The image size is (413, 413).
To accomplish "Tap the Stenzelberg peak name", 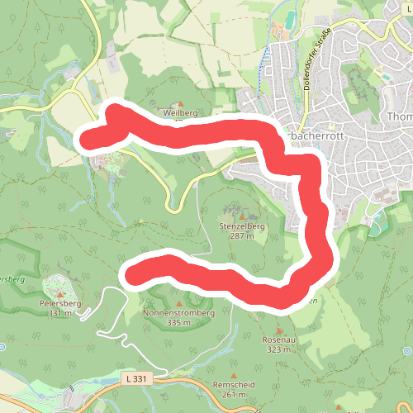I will point(241,225).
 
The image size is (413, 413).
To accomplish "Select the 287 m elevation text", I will point(241,235).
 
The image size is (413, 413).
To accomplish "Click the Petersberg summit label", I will point(60,303).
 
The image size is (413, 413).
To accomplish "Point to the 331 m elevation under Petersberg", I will point(60,313).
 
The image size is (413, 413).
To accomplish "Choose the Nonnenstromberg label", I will point(178,313).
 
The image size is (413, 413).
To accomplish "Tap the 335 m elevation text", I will point(178,323).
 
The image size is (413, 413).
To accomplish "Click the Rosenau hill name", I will point(278,339).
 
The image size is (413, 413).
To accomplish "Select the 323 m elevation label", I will point(278,349).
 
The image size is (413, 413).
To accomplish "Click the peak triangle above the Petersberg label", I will point(61,292).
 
